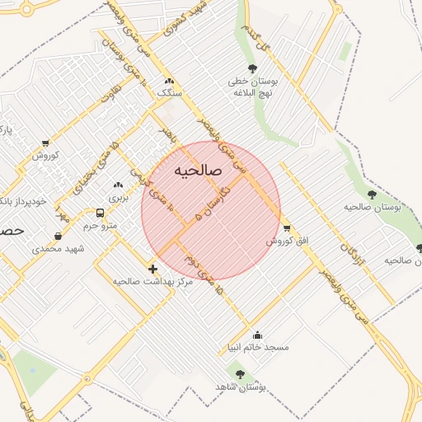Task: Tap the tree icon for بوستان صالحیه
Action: click(x=372, y=195)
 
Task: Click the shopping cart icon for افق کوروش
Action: click(x=286, y=228)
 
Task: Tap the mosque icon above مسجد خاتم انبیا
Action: click(x=258, y=335)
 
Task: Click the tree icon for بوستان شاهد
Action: click(x=240, y=374)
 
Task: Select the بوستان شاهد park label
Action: click(x=238, y=387)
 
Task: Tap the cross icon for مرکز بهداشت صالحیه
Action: click(x=152, y=269)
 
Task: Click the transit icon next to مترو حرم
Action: click(x=100, y=213)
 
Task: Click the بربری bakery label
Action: click(x=120, y=198)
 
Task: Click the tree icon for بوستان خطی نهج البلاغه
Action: click(x=251, y=68)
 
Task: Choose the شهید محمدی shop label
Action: click(x=59, y=248)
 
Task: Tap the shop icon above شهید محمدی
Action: click(x=57, y=236)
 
